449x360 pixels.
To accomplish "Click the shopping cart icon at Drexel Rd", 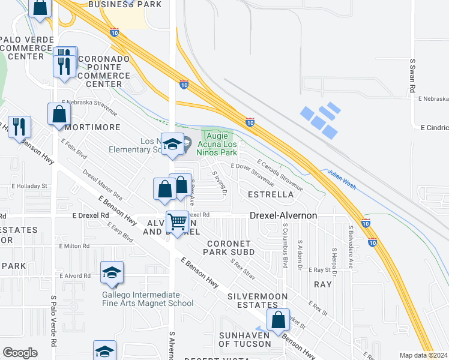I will pyautogui.click(x=178, y=221).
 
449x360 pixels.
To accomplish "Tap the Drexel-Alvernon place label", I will pyautogui.click(x=283, y=215).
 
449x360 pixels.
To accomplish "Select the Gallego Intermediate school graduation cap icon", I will pyautogui.click(x=112, y=273).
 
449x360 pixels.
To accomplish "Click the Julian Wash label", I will pyautogui.click(x=342, y=178).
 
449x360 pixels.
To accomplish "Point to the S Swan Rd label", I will pyautogui.click(x=413, y=76).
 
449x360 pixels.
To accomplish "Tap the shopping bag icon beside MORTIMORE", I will pyautogui.click(x=59, y=113).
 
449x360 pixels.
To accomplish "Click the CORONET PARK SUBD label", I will pyautogui.click(x=231, y=248).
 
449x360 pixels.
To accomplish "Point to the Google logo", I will pyautogui.click(x=20, y=353).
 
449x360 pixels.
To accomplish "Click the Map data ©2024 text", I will pyautogui.click(x=423, y=355).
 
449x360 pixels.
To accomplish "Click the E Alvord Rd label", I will pyautogui.click(x=74, y=276).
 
